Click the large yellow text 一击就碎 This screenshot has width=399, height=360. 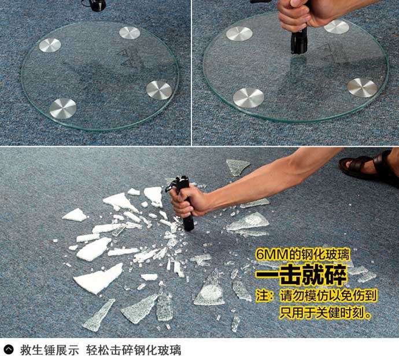tap(301, 275)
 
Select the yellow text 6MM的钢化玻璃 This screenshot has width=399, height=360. tap(303, 254)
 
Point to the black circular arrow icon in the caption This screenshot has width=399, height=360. tap(9, 350)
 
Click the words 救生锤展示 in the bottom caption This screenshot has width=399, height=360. tap(50, 350)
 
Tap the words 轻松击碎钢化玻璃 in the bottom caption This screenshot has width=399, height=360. tap(134, 350)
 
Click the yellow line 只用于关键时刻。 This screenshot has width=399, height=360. tap(326, 312)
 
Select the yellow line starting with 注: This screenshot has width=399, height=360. tap(316, 295)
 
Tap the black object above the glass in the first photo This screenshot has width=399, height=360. tap(94, 5)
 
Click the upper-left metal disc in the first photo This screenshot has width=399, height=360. tap(50, 45)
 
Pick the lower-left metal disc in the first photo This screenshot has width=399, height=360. tap(63, 109)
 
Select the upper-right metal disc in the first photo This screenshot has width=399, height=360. tap(130, 33)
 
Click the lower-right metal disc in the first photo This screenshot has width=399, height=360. tap(159, 90)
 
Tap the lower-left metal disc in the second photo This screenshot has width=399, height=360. tap(248, 98)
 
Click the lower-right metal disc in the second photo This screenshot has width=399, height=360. tap(362, 88)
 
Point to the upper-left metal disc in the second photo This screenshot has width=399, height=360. tap(239, 34)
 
